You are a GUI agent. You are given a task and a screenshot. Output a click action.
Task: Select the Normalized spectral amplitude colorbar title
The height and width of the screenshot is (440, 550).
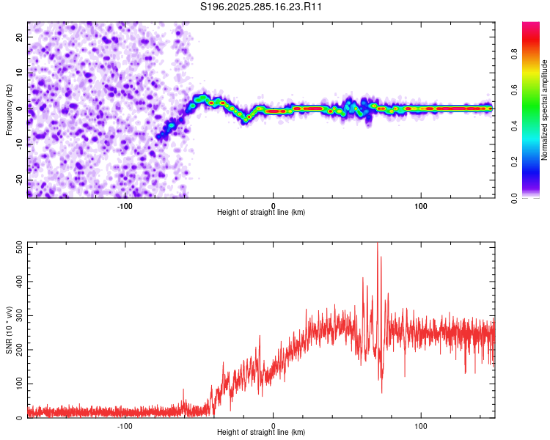545,110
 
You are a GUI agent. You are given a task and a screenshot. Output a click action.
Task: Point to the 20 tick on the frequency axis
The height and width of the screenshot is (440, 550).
19,37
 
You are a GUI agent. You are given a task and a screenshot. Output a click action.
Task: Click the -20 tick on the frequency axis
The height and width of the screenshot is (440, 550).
18,180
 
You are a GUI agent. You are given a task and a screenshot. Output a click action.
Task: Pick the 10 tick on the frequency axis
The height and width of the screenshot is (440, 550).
19,73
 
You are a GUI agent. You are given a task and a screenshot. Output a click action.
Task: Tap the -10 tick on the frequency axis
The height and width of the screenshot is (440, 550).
18,144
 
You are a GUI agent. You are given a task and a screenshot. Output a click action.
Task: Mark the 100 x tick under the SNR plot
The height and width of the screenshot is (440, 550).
422,426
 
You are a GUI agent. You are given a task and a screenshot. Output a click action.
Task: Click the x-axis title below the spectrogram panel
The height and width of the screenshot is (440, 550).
261,213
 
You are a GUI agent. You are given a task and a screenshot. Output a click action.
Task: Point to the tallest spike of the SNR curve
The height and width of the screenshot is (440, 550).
378,245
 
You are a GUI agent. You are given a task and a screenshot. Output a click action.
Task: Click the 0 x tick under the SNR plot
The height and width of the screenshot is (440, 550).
273,426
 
